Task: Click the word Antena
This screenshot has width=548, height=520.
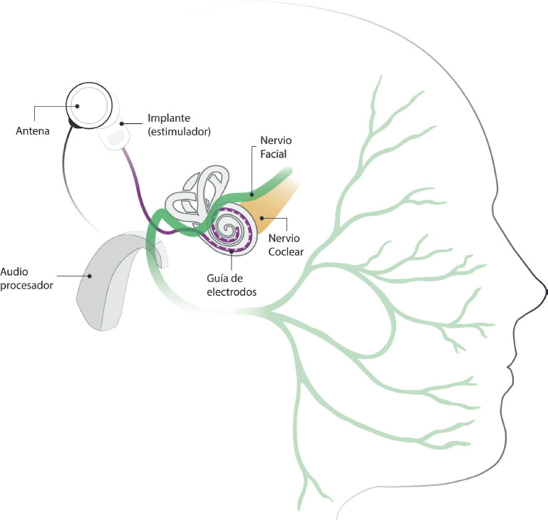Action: click(33, 130)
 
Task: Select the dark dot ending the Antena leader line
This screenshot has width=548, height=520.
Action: click(75, 107)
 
